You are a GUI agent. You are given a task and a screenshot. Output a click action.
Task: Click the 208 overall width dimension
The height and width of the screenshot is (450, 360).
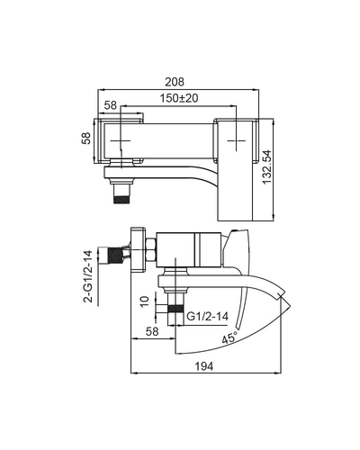tap(175, 82)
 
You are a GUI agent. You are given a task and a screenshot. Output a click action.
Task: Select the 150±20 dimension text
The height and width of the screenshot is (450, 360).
tap(179, 98)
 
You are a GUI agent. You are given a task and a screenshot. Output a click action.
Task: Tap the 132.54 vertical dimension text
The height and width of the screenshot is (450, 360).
tap(266, 167)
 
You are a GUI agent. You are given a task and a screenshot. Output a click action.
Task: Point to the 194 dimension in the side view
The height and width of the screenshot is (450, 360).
tap(204, 366)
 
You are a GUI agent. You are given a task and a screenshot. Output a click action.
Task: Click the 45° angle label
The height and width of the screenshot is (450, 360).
tap(229, 337)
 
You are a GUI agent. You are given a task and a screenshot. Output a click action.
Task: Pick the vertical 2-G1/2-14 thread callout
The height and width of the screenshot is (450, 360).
tap(87, 275)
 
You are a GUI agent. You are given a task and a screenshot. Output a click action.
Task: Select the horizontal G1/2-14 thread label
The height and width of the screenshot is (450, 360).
tap(208, 316)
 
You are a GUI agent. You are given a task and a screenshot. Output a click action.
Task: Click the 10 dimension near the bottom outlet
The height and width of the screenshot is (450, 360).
tap(144, 301)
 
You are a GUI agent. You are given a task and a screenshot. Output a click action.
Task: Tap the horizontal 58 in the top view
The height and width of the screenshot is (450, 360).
tap(111, 105)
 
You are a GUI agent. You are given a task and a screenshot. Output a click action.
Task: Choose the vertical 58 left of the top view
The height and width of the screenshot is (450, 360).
tap(86, 138)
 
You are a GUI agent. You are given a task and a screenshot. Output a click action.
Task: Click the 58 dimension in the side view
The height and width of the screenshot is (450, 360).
tap(152, 331)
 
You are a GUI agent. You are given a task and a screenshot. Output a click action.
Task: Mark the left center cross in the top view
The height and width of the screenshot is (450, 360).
tap(121, 140)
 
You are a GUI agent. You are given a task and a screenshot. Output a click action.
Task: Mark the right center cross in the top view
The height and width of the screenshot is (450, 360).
tap(236, 140)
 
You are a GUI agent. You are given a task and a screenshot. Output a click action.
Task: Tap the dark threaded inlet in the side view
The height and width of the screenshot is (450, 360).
tap(115, 256)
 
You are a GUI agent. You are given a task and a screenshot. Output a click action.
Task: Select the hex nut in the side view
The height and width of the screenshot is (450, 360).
tap(151, 249)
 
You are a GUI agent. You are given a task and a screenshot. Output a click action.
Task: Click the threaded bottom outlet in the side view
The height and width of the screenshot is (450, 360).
tap(175, 310)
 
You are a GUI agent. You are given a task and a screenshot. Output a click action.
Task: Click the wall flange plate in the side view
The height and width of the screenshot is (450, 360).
tap(139, 249)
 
